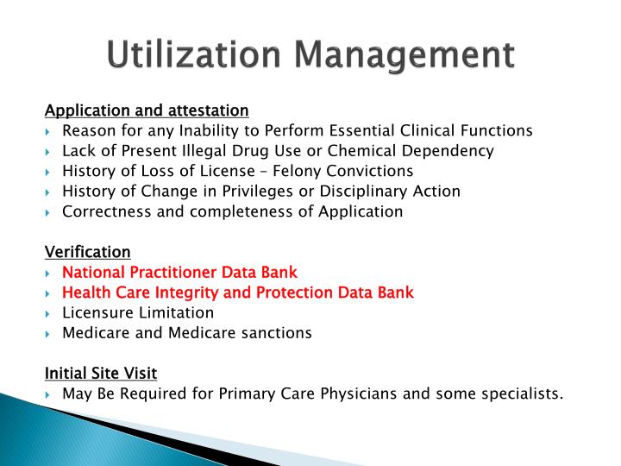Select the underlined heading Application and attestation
coord(147,110)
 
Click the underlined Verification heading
coord(87,252)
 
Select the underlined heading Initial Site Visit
coord(101,373)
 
